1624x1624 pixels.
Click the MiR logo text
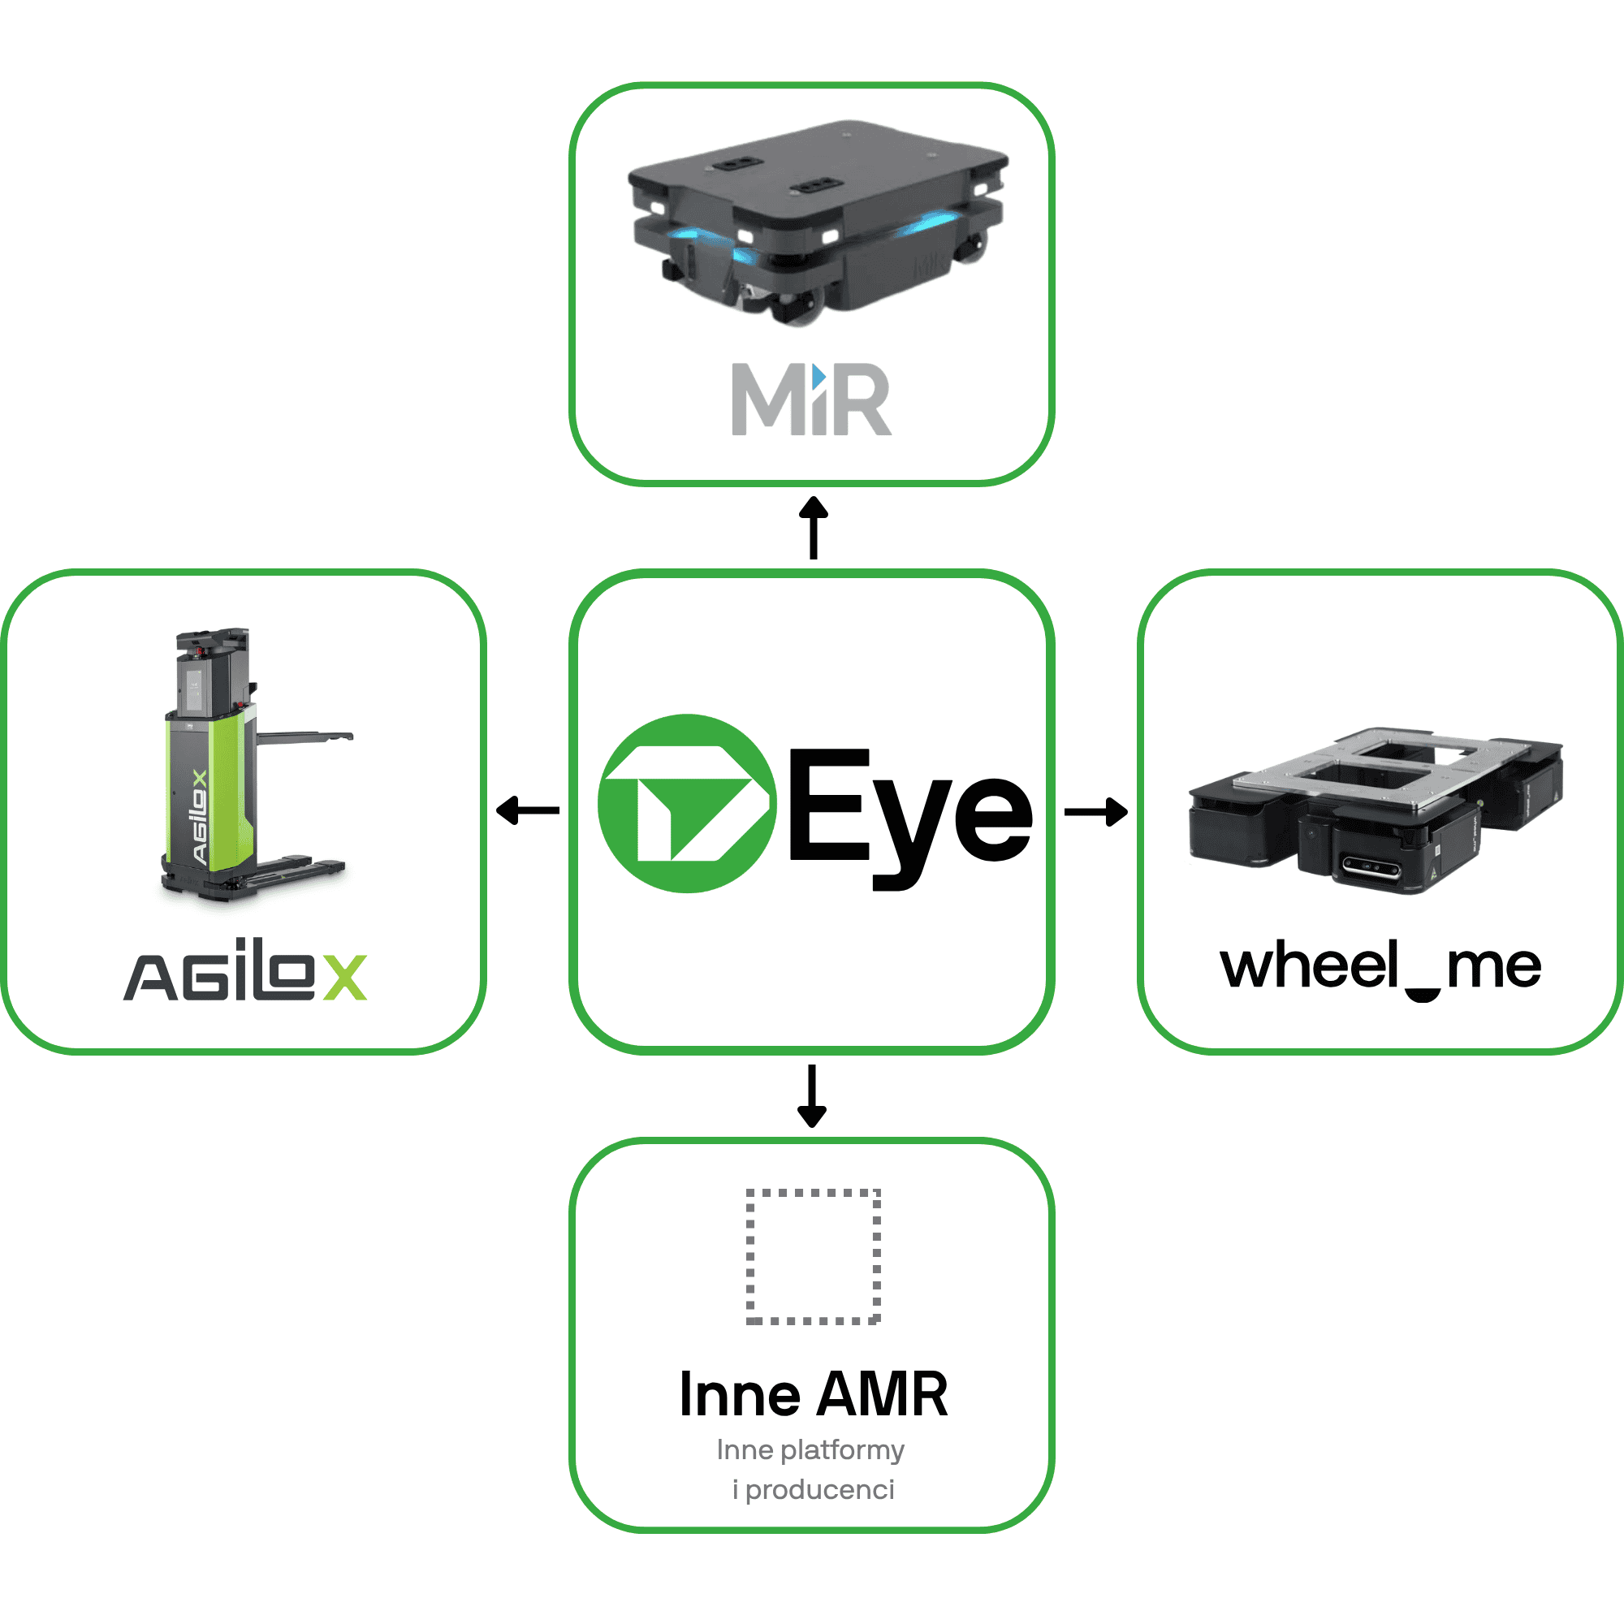click(x=811, y=400)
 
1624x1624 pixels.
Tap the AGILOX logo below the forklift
click(x=245, y=970)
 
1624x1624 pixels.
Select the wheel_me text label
click(x=1380, y=969)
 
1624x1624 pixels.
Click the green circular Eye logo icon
click(x=687, y=804)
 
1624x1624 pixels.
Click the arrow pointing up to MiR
click(x=813, y=528)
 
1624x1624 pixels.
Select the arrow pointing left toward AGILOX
click(x=528, y=811)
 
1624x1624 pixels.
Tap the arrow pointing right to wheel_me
click(x=1096, y=812)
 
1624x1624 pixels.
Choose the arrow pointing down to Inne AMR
click(x=812, y=1096)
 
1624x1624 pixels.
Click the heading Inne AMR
click(x=814, y=1395)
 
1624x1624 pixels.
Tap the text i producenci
click(x=814, y=1490)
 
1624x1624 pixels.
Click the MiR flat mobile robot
click(x=818, y=222)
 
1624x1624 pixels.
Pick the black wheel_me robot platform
click(x=1376, y=810)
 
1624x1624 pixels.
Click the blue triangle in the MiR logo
click(x=818, y=376)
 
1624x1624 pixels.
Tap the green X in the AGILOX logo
click(x=345, y=978)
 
